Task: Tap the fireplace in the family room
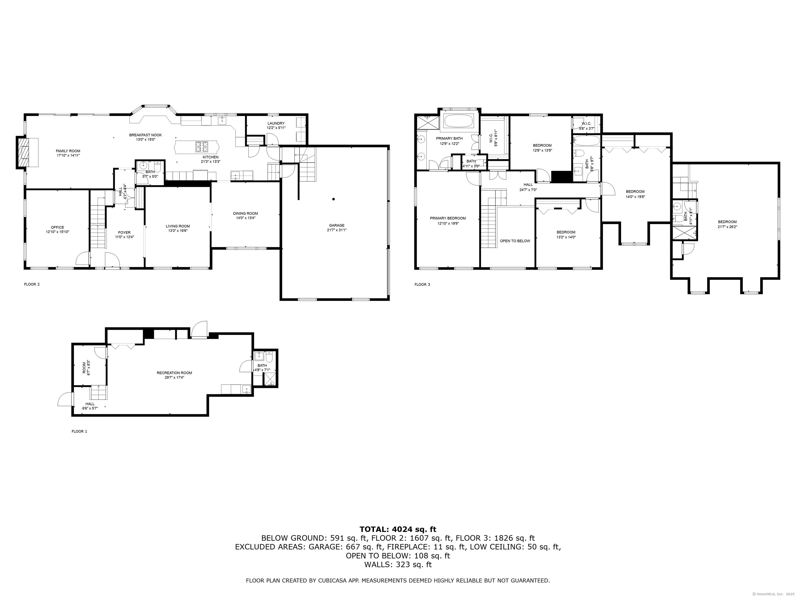tap(24, 152)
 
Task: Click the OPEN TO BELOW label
tap(515, 241)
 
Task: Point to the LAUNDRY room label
tap(276, 123)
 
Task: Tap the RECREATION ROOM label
tap(174, 373)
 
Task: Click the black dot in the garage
tap(333, 199)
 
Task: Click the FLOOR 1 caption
tap(79, 431)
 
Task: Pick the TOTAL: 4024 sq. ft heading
tap(398, 529)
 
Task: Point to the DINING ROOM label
tap(245, 214)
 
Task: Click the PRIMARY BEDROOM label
tap(448, 218)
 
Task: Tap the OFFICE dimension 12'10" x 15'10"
tap(57, 232)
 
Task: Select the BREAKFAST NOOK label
tap(145, 135)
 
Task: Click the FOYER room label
tap(125, 232)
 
